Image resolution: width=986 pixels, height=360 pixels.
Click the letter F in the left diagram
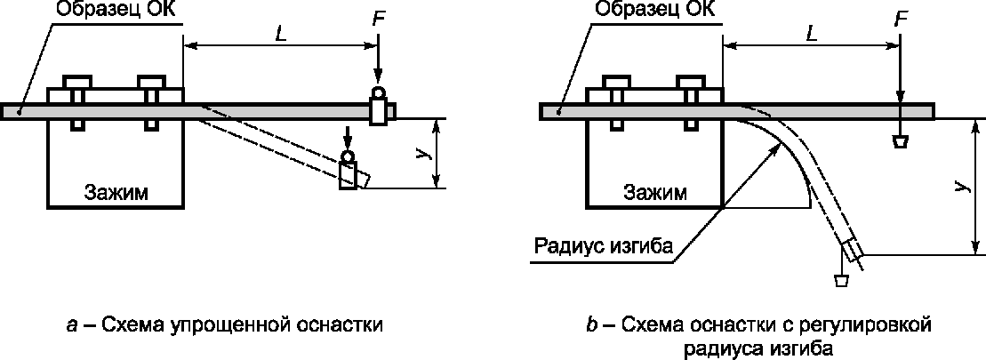[378, 19]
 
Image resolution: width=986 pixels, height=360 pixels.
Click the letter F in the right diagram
[901, 19]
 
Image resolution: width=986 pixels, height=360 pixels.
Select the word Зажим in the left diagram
[116, 193]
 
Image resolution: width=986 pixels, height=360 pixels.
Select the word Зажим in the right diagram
[654, 193]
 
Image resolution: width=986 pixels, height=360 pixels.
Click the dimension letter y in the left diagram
[419, 153]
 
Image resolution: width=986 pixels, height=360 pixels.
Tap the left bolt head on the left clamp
[77, 82]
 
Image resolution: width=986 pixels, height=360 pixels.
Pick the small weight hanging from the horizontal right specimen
[901, 141]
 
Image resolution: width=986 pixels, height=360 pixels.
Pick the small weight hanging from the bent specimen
[839, 281]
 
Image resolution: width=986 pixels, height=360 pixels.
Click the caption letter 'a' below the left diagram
[72, 324]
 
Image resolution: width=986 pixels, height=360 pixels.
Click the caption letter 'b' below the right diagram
[591, 324]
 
